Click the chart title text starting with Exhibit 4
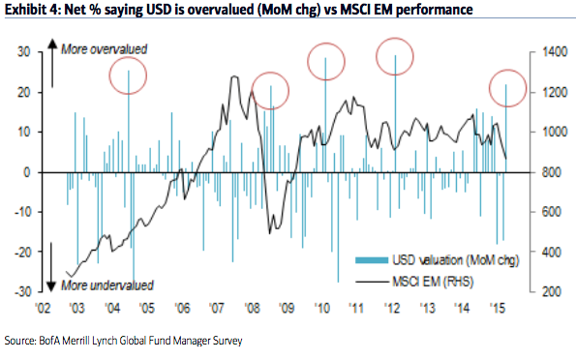(238, 9)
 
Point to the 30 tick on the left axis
(23, 52)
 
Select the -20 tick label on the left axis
(22, 252)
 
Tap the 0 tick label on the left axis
(27, 172)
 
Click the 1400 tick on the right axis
(555, 52)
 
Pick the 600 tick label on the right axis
(551, 212)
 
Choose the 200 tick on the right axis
(551, 291)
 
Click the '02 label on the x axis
(43, 308)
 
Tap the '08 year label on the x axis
(252, 308)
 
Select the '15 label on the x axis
(498, 308)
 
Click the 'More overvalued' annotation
(104, 48)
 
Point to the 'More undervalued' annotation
(106, 285)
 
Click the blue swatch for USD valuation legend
(372, 260)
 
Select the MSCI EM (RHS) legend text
(433, 282)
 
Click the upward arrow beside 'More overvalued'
(52, 64)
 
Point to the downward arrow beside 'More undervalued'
(51, 267)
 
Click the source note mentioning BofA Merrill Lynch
(124, 341)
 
